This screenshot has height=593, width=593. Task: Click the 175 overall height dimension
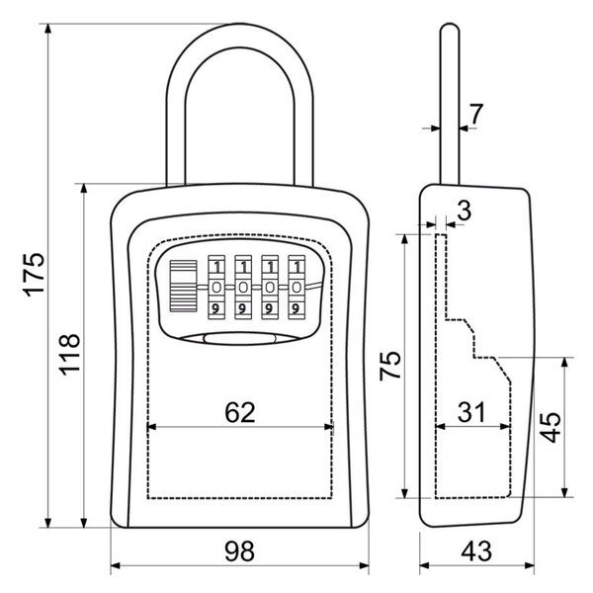click(x=34, y=274)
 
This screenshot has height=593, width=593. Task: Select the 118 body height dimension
click(x=70, y=355)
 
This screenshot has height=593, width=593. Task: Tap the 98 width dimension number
click(x=240, y=551)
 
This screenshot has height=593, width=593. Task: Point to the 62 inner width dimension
click(x=240, y=412)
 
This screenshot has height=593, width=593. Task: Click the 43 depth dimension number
click(x=476, y=551)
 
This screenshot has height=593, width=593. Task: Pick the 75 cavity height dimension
click(x=390, y=366)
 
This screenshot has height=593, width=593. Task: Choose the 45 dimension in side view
click(x=551, y=427)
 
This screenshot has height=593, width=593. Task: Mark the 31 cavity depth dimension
click(x=471, y=412)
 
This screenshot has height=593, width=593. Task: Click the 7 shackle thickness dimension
click(x=475, y=114)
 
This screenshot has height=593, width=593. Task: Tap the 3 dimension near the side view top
click(x=465, y=210)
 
